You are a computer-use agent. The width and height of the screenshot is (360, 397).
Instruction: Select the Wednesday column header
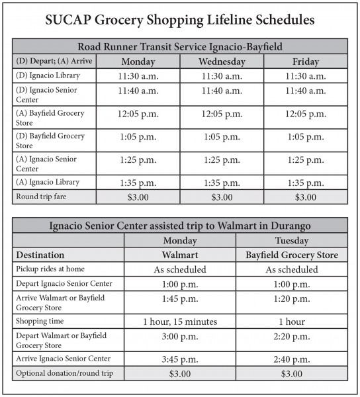click(222, 61)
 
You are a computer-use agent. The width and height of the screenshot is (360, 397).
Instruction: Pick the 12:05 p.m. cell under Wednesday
click(222, 114)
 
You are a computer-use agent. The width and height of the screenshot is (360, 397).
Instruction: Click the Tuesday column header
click(291, 240)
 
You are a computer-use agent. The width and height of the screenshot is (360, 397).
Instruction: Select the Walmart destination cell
click(181, 255)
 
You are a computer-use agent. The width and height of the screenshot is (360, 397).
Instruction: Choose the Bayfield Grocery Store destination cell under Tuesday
click(291, 255)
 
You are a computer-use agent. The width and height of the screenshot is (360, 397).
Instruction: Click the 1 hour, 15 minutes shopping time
click(181, 322)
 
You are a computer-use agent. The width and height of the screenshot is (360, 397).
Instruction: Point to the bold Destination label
click(40, 255)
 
